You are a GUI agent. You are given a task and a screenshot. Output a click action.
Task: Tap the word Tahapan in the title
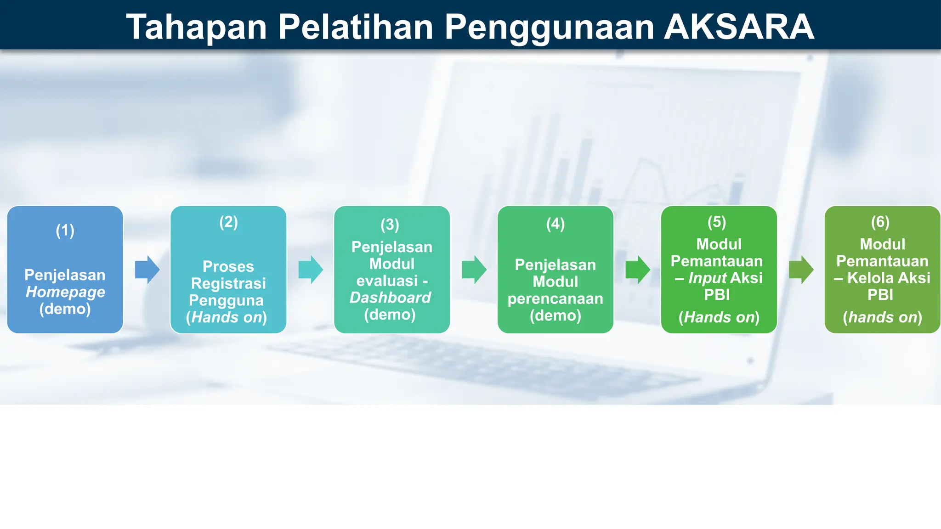click(197, 27)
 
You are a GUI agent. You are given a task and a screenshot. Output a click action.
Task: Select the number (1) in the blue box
click(65, 230)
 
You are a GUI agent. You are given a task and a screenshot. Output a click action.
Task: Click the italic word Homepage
click(65, 292)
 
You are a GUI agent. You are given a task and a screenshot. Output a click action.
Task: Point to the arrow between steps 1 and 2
click(147, 270)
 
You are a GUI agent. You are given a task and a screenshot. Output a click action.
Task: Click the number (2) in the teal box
click(228, 222)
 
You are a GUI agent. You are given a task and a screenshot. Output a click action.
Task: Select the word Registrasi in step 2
click(228, 283)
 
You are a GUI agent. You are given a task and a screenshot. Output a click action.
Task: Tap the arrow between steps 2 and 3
click(311, 270)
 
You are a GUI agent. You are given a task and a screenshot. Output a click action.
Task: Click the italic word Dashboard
click(390, 298)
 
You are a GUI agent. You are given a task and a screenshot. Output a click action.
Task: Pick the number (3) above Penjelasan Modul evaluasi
click(390, 225)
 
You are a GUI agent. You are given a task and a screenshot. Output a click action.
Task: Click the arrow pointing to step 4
click(474, 270)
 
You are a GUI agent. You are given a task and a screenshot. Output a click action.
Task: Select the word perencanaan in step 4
click(555, 298)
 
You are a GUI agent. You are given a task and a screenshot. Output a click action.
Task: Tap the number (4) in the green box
click(555, 224)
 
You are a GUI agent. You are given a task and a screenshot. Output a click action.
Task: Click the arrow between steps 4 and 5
click(638, 270)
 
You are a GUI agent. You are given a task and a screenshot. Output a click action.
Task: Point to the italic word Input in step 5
click(707, 278)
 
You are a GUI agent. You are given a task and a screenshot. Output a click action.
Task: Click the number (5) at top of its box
click(717, 222)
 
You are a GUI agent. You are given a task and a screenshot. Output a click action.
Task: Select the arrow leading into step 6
click(801, 270)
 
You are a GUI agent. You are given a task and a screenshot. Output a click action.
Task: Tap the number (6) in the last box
click(880, 222)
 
